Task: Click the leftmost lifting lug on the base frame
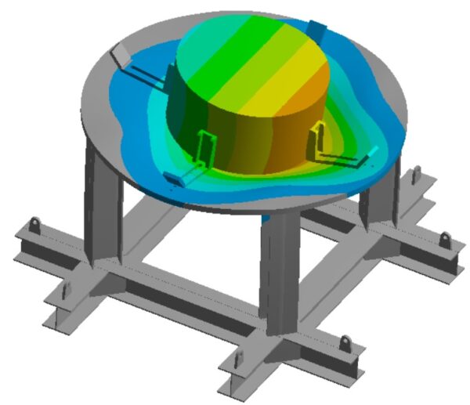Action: pos(35,226)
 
